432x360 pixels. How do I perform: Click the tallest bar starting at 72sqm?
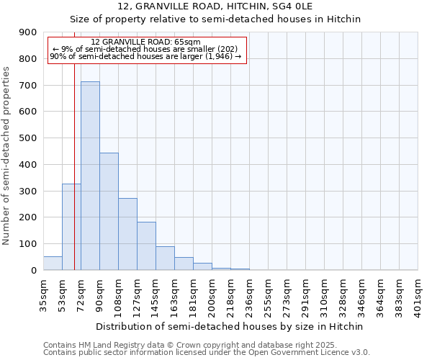[x=90, y=176]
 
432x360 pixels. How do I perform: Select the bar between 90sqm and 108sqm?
[x=109, y=212]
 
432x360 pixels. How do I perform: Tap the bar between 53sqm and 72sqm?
[x=71, y=227]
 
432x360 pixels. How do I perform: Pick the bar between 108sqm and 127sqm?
[x=127, y=234]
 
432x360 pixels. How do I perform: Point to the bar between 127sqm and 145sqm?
[x=146, y=246]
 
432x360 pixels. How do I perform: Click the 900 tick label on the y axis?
[x=28, y=32]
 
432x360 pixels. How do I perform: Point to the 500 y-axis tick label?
[x=28, y=138]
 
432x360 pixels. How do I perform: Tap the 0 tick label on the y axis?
[x=33, y=271]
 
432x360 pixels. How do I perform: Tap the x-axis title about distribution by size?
[x=229, y=326]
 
